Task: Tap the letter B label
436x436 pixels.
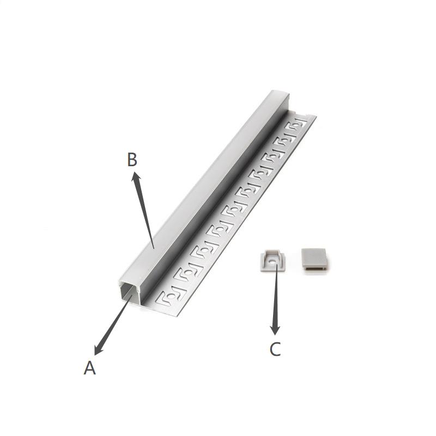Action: pyautogui.click(x=132, y=159)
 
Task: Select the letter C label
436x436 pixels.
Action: pyautogui.click(x=275, y=349)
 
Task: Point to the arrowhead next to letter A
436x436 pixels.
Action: pyautogui.click(x=98, y=349)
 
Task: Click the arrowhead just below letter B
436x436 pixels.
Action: pyautogui.click(x=136, y=178)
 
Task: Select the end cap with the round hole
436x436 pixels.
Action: pyautogui.click(x=272, y=261)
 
